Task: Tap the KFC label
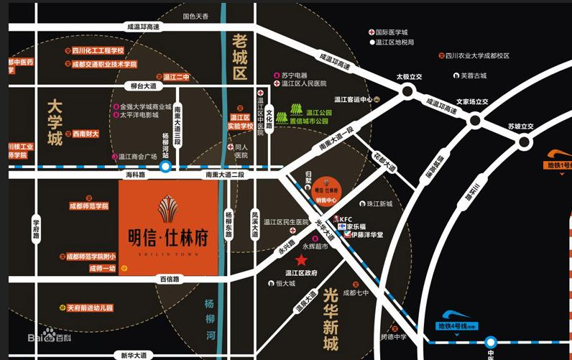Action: (x=345, y=218)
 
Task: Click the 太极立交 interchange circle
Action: (x=408, y=91)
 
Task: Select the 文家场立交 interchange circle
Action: (x=474, y=120)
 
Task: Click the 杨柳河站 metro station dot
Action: (x=165, y=167)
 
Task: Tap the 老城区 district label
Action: (x=239, y=55)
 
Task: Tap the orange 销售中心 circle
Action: (x=327, y=189)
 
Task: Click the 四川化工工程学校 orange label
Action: (x=98, y=51)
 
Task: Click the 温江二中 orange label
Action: (x=175, y=77)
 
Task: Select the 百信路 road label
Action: (x=169, y=278)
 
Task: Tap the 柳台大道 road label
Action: (x=143, y=86)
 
